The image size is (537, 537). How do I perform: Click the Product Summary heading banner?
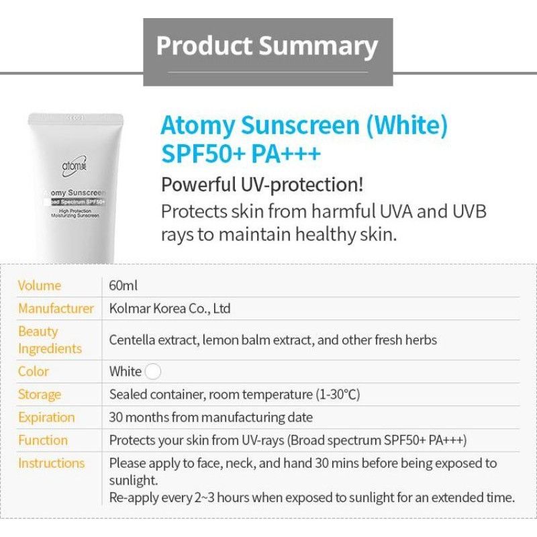coord(268,46)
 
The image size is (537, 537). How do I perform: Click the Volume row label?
coord(40,285)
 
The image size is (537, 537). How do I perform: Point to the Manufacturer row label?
coord(56,308)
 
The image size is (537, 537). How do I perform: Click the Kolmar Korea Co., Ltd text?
coord(170,308)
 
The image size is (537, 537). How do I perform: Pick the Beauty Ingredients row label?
coord(50,340)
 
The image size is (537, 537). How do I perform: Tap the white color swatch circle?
coord(153,371)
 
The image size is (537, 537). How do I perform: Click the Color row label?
coord(34,371)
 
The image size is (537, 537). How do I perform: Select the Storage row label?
coord(40,394)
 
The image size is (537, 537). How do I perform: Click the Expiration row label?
coord(46,417)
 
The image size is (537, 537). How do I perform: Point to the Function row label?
coord(43,440)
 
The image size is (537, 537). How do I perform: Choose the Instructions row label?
coord(52,462)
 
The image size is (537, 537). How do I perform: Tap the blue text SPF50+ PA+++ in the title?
coord(241,154)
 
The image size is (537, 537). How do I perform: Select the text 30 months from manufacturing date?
coord(211,417)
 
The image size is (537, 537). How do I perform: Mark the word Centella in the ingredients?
coord(132,340)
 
